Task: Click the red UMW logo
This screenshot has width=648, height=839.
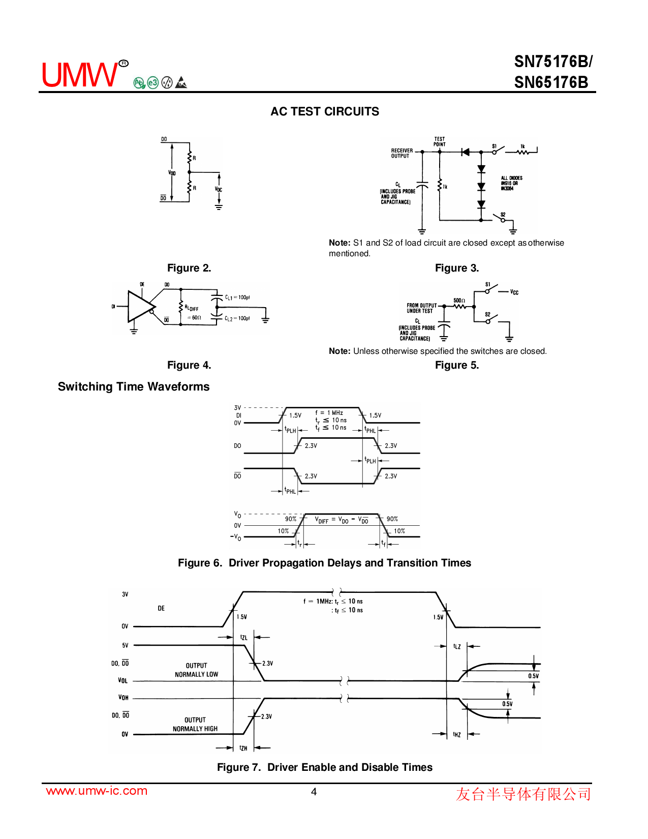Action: tap(79, 75)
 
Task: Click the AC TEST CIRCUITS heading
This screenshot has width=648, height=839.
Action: tap(325, 112)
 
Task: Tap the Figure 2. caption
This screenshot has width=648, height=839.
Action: tap(189, 268)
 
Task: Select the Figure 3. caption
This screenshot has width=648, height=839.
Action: tap(457, 268)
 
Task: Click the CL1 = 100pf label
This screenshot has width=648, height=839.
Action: tap(237, 297)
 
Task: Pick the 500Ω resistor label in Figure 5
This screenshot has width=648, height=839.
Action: tap(459, 301)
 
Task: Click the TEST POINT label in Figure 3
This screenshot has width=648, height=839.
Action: tap(440, 141)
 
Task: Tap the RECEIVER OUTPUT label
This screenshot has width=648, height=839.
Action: tap(402, 153)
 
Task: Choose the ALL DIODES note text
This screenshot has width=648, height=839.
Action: tap(511, 183)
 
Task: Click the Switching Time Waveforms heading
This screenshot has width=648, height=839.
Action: tap(134, 386)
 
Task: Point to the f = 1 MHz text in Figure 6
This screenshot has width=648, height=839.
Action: tap(329, 413)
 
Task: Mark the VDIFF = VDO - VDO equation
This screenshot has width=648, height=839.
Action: tap(342, 520)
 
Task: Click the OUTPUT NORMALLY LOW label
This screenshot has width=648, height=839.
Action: tap(196, 670)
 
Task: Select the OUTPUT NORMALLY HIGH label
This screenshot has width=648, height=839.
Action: tap(195, 724)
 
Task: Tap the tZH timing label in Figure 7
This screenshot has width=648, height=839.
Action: tap(243, 748)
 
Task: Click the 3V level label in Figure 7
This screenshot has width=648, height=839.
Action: tap(125, 594)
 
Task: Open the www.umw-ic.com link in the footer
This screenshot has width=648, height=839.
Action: tap(97, 791)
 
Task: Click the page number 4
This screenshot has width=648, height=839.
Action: tap(314, 792)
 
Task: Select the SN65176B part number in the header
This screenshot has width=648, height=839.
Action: tap(551, 82)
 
